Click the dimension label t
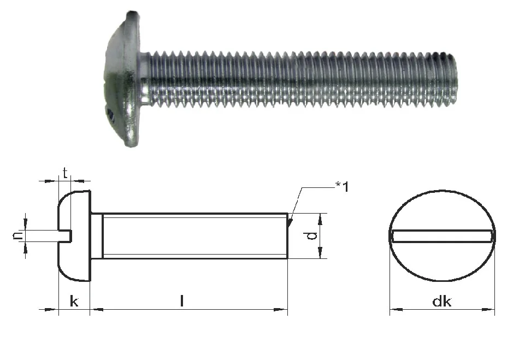point(66,173)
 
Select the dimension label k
point(74,302)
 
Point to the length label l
point(182,300)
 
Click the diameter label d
point(311,236)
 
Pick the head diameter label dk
point(441,302)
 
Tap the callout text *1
point(342,186)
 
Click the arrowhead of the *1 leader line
point(290,223)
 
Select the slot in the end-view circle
point(442,236)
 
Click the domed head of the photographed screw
point(122,80)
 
